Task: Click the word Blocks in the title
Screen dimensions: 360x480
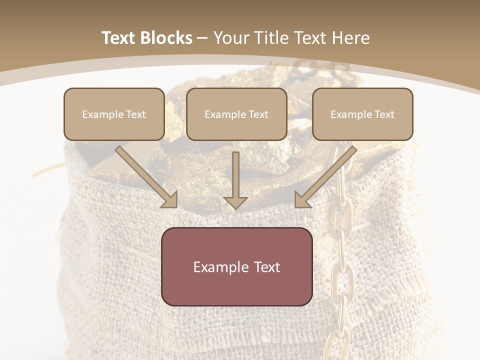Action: (166, 38)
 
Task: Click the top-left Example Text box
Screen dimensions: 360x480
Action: (114, 114)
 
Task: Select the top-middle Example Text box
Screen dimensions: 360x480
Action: (236, 114)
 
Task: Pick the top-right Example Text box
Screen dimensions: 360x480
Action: (362, 114)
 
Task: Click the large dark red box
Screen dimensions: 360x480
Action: (236, 266)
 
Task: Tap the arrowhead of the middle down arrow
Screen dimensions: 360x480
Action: (235, 202)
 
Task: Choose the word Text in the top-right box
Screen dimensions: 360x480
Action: (384, 114)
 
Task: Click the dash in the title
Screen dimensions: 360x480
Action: (202, 38)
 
